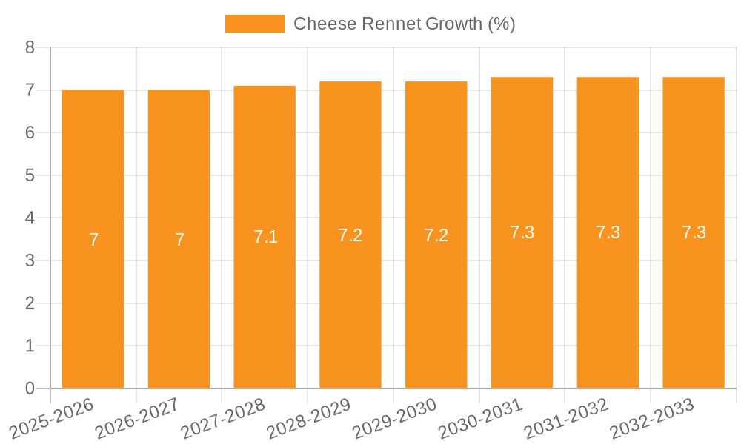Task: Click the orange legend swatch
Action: point(254,24)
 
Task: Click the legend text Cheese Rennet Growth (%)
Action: point(404,24)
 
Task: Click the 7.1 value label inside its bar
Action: point(265,237)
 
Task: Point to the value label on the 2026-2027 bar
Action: point(179,240)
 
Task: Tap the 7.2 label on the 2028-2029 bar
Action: point(350,235)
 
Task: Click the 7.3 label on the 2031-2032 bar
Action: point(608,232)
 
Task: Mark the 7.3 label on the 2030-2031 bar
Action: point(522,232)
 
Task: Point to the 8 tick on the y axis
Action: point(30,48)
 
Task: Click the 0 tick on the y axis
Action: point(30,388)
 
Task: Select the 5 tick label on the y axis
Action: point(30,175)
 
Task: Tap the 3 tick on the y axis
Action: point(30,260)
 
